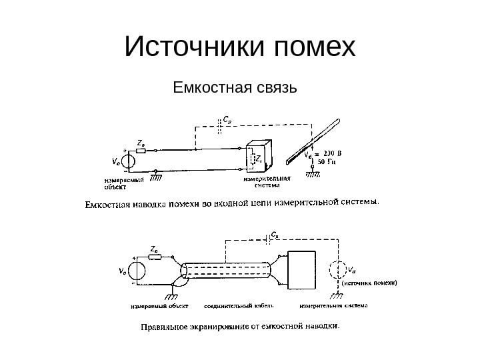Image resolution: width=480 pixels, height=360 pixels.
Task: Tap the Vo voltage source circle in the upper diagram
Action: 129,160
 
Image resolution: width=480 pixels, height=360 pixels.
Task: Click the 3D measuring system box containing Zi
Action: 258,157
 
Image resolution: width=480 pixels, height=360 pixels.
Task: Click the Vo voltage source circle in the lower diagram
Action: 137,270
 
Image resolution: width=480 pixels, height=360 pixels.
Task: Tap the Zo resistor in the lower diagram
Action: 155,257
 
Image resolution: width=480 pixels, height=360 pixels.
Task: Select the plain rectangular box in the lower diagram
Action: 311,270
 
